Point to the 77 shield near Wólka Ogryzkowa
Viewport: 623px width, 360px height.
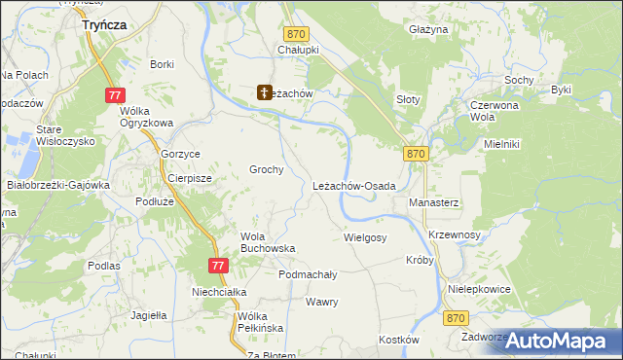tap(115, 94)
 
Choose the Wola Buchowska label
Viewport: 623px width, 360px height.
tap(268, 242)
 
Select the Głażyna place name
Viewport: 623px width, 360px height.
tap(428, 30)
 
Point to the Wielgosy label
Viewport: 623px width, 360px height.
tap(365, 237)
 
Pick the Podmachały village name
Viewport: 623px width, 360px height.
tap(308, 275)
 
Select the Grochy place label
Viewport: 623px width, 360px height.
tap(266, 169)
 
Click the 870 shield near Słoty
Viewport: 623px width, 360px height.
tap(416, 154)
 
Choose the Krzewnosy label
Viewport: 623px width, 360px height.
tap(456, 235)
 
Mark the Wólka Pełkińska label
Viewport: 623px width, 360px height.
tap(260, 322)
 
